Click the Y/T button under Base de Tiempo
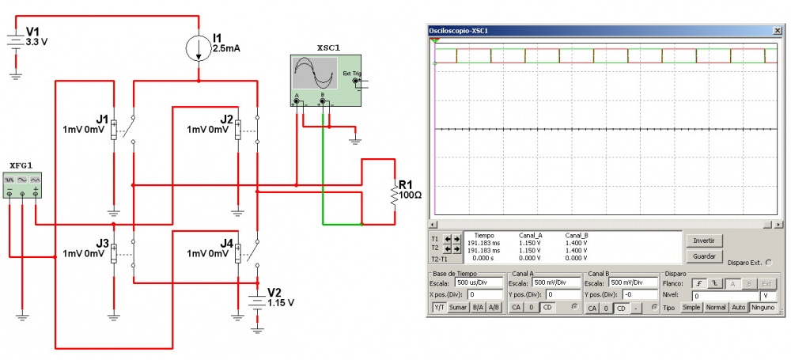click(440, 307)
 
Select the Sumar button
click(458, 307)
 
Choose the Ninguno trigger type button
click(763, 307)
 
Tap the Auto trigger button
click(738, 307)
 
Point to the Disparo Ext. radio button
click(770, 263)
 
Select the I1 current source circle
click(199, 48)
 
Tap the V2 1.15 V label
click(280, 297)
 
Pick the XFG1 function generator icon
click(22, 184)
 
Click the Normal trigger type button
click(715, 307)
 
